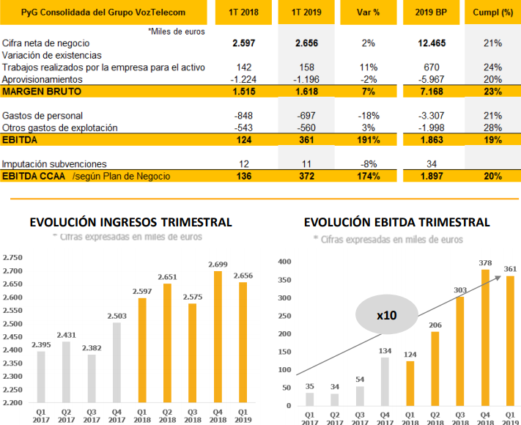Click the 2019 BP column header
point(431,12)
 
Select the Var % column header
point(368,12)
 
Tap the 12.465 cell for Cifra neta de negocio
point(431,44)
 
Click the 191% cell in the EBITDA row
point(368,139)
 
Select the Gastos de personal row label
point(43,116)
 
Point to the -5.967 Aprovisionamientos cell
point(431,79)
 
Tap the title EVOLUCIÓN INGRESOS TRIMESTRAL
point(130,222)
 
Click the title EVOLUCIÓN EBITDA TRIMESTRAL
point(396,222)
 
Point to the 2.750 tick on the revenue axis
point(12,258)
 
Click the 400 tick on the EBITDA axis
point(284,261)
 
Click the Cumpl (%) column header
point(492,12)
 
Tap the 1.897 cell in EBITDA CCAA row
point(431,176)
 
